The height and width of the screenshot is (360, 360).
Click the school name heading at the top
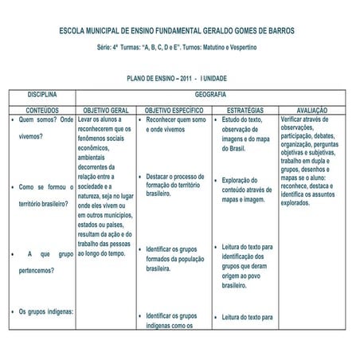click(x=177, y=31)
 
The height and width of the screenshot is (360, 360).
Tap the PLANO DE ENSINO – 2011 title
click(x=177, y=79)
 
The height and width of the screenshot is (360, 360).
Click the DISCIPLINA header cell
click(x=42, y=94)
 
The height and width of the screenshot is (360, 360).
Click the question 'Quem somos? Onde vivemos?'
click(x=45, y=127)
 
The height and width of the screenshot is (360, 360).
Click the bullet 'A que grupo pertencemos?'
click(x=45, y=262)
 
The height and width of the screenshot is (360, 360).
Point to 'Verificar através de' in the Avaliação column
click(x=310, y=119)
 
